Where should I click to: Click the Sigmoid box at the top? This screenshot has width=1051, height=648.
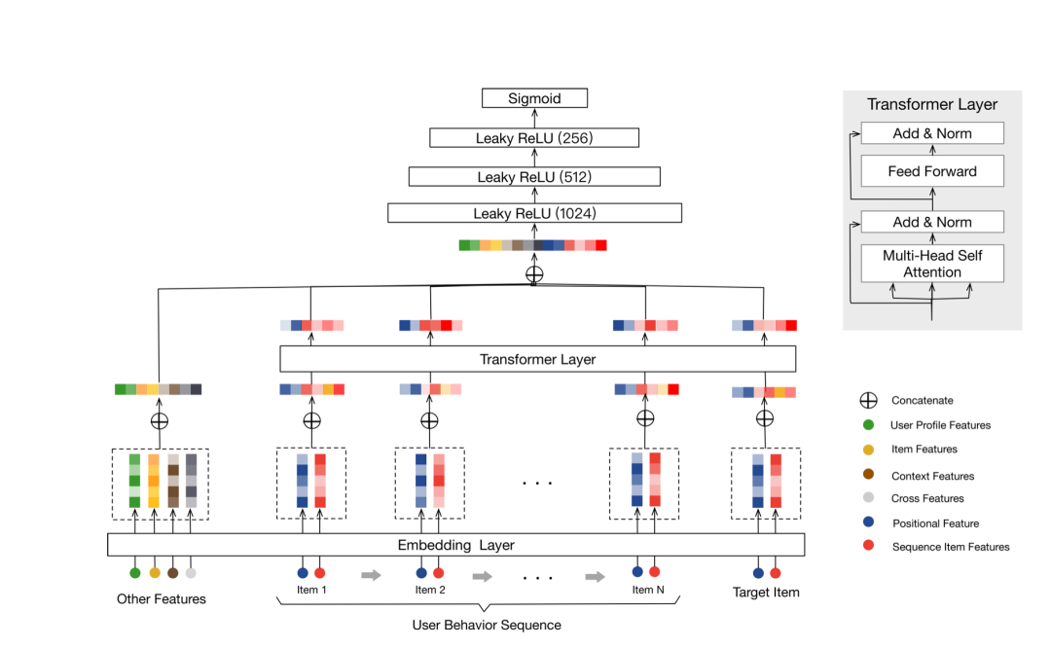click(534, 98)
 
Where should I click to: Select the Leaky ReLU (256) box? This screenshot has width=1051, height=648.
click(534, 138)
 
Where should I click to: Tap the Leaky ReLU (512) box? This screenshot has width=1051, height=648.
click(534, 177)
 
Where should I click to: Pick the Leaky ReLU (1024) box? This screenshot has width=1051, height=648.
click(534, 213)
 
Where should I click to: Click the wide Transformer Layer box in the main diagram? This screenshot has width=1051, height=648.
click(537, 359)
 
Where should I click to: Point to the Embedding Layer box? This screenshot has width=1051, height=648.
click(455, 544)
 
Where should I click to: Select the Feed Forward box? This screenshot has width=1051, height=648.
click(932, 171)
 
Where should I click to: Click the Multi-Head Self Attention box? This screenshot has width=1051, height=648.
click(932, 264)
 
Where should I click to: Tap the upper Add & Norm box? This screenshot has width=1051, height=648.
click(932, 133)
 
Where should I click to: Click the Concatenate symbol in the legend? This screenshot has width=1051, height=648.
click(868, 400)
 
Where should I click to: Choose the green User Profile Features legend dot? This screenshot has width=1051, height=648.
click(868, 425)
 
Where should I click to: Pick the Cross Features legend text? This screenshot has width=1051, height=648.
click(927, 498)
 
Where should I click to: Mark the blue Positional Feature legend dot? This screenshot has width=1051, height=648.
click(868, 523)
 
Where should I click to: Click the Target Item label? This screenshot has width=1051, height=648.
click(766, 592)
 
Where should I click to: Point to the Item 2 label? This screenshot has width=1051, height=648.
click(430, 590)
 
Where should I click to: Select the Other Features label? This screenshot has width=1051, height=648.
click(162, 598)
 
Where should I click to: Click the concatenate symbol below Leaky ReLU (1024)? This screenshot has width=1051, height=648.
click(534, 273)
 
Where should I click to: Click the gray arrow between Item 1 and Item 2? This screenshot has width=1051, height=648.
click(371, 575)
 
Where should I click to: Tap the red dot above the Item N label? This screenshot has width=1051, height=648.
click(654, 572)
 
